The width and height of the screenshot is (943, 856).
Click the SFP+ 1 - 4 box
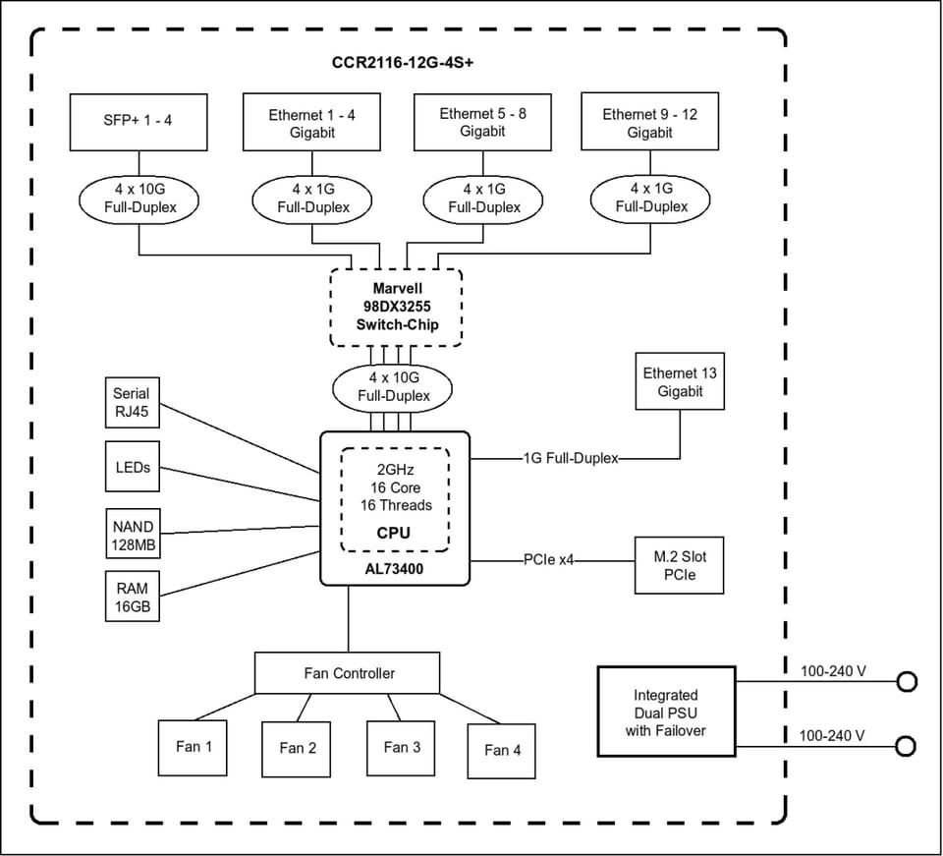pos(139,122)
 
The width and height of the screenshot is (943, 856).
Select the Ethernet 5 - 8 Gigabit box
pos(483,122)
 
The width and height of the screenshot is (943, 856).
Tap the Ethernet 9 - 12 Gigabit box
pos(649,121)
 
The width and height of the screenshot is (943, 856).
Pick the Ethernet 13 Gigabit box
pos(680,381)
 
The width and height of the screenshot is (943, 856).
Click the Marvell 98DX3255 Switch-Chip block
pos(396,308)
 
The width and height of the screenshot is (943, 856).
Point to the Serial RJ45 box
pos(133,402)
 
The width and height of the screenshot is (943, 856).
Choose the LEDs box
pos(133,466)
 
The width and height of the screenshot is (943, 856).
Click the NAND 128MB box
pos(133,534)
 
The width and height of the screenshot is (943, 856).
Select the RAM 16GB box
pos(133,597)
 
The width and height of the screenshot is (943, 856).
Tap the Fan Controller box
pos(347,672)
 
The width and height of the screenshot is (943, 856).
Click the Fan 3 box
pos(401,748)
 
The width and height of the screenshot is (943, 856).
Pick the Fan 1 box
pos(193,748)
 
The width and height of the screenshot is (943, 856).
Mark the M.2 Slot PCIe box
pos(680,565)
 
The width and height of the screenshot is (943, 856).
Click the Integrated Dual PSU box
pos(666,712)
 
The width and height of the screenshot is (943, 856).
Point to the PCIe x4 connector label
pos(548,560)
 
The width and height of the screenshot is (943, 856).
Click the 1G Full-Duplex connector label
pos(571,458)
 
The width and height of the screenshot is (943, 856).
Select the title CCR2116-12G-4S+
pos(403,63)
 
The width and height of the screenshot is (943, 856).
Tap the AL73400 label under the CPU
pos(394,569)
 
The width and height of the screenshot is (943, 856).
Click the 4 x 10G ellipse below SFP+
pos(139,200)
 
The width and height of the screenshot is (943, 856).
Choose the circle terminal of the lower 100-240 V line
pos(906,746)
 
